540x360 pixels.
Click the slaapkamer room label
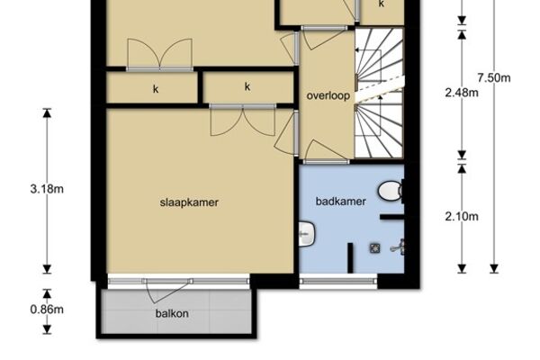point(189,202)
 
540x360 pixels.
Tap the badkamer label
point(340,202)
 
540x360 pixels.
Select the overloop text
point(328,95)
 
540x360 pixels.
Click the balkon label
point(172,313)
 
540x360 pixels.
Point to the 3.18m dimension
point(47,189)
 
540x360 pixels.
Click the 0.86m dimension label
point(47,310)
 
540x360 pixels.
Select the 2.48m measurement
point(462,93)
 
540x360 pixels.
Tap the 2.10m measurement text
point(462,216)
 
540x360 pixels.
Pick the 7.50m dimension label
point(494,78)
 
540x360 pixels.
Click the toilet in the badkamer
point(391,191)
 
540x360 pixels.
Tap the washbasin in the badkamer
point(306,234)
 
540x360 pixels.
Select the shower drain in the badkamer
point(375,248)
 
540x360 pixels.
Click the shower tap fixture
point(399,247)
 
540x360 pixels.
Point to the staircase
point(379,93)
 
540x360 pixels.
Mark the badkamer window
point(338,282)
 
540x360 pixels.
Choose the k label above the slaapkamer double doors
point(247,86)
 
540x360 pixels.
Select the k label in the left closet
point(156,89)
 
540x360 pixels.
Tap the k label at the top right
point(382,4)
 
